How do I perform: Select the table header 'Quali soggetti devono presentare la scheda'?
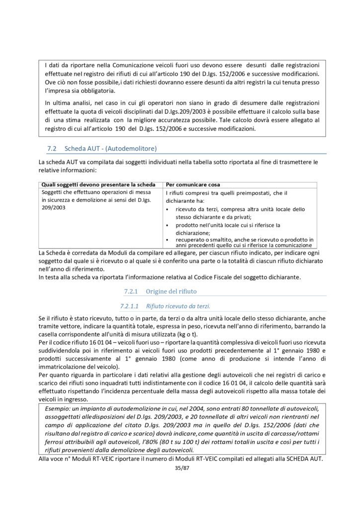pos(99,184)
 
